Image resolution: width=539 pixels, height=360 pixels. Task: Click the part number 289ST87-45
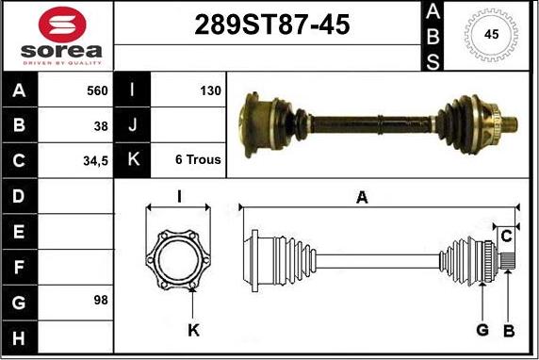pyautogui.click(x=271, y=25)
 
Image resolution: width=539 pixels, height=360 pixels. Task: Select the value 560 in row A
pyautogui.click(x=97, y=91)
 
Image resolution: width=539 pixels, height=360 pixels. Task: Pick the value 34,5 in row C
pyautogui.click(x=96, y=160)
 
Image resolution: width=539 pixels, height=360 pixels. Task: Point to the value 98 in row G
pyautogui.click(x=101, y=301)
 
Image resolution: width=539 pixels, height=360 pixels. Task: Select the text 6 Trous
pyautogui.click(x=198, y=160)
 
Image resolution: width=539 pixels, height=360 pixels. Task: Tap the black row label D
pyautogui.click(x=20, y=196)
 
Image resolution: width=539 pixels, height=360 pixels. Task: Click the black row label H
pyautogui.click(x=20, y=336)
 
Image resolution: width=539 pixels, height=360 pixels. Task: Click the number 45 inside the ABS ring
pyautogui.click(x=491, y=34)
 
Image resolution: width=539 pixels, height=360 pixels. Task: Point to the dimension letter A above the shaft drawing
pyautogui.click(x=361, y=196)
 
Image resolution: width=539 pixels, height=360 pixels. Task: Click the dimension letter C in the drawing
pyautogui.click(x=506, y=235)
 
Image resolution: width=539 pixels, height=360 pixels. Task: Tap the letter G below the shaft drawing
pyautogui.click(x=482, y=330)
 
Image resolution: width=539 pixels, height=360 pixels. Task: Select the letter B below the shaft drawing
pyautogui.click(x=508, y=330)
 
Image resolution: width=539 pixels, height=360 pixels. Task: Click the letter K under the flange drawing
pyautogui.click(x=194, y=330)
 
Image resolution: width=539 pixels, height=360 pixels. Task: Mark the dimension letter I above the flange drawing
pyautogui.click(x=179, y=196)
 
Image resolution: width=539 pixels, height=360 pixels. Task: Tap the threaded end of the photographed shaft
pyautogui.click(x=511, y=123)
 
